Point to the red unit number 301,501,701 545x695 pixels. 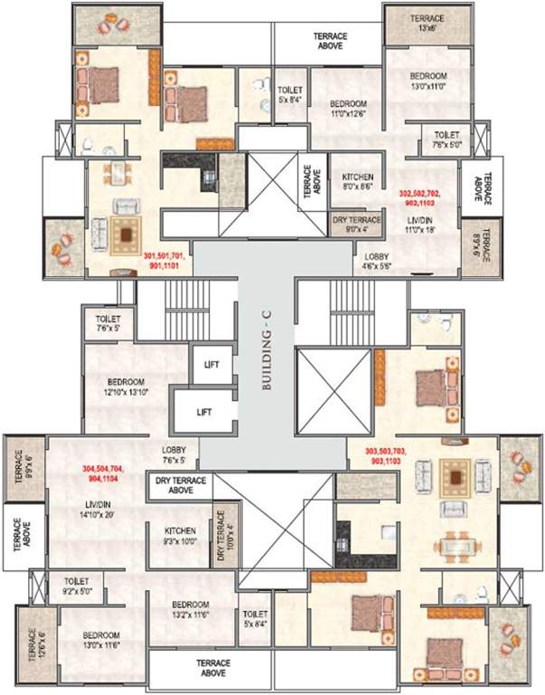[x=169, y=262]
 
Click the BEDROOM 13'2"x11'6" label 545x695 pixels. [x=188, y=609]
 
